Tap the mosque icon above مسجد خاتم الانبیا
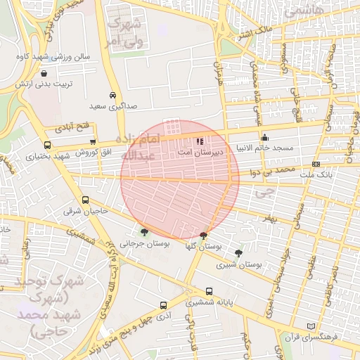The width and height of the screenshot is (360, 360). [x=264, y=137]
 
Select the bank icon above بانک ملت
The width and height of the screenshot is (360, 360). [x=316, y=164]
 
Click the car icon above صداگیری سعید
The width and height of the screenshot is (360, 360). [x=112, y=96]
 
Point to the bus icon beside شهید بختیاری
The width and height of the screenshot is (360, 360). [x=48, y=145]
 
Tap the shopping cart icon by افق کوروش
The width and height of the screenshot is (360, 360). [x=93, y=142]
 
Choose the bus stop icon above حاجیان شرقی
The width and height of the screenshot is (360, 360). [x=85, y=200]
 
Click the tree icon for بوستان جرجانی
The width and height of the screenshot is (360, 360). [x=145, y=232]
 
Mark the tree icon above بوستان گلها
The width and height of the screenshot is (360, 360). [x=203, y=235]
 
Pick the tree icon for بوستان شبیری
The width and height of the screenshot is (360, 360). [x=239, y=253]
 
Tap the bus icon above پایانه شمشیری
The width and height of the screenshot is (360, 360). [x=208, y=292]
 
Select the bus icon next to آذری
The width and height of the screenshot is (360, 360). [x=163, y=306]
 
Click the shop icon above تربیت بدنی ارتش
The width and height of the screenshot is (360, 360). [x=44, y=73]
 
